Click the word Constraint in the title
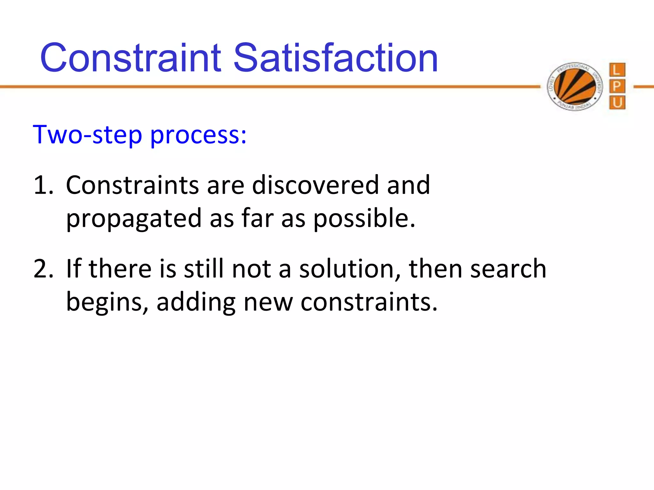pyautogui.click(x=130, y=58)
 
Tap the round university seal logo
pyautogui.click(x=575, y=86)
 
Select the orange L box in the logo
pyautogui.click(x=617, y=70)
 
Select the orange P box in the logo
pyautogui.click(x=617, y=86)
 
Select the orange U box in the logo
pyautogui.click(x=617, y=103)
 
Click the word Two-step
pyautogui.click(x=87, y=135)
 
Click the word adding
pyautogui.click(x=196, y=302)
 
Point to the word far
pyautogui.click(x=257, y=219)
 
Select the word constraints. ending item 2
pyautogui.click(x=369, y=302)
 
